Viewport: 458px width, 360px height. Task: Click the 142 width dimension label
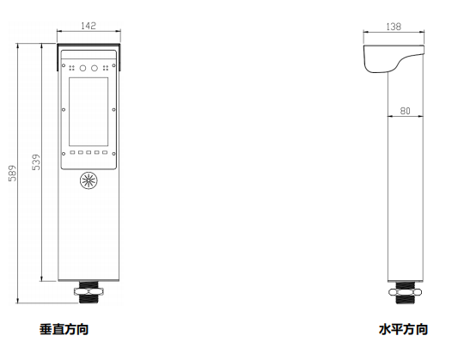click(x=89, y=26)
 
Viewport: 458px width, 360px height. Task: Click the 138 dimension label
click(x=394, y=27)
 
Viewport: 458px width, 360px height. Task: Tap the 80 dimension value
click(x=405, y=111)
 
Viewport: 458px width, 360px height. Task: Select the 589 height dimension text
click(x=12, y=174)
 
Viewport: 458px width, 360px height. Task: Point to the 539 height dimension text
click(x=36, y=162)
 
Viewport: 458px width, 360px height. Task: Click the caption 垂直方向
click(x=64, y=329)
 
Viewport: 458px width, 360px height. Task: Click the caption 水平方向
click(x=403, y=329)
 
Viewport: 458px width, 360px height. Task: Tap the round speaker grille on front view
click(x=89, y=180)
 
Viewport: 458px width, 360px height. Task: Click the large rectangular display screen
click(x=89, y=112)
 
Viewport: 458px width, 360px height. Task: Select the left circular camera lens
click(x=83, y=69)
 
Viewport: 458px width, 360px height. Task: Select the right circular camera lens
click(x=94, y=69)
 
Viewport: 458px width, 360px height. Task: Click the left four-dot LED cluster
click(x=71, y=68)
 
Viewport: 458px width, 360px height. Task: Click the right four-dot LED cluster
click(x=106, y=68)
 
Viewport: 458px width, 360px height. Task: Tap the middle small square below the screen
click(x=89, y=152)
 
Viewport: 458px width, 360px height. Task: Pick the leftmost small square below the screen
click(x=72, y=152)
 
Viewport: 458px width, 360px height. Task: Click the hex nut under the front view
click(x=89, y=291)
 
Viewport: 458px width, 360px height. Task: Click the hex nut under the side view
click(x=405, y=292)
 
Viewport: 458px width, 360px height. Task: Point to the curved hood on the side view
click(x=380, y=58)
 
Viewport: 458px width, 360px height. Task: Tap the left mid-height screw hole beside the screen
click(x=64, y=110)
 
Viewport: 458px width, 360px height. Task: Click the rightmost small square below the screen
click(x=105, y=152)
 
